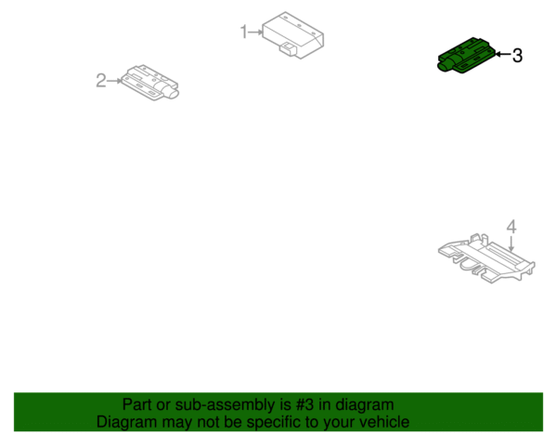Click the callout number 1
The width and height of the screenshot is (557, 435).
coord(243,32)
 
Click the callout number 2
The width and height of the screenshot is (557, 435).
coord(101,80)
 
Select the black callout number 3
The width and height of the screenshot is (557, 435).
coord(517,56)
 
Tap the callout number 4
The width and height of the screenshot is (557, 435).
coord(512,227)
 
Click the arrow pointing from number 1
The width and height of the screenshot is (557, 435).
coord(255,33)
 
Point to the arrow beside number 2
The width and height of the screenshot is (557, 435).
coord(114,81)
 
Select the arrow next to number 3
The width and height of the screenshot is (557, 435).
coord(502,54)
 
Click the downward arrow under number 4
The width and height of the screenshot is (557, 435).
coord(511,244)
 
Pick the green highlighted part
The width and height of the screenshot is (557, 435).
coord(466,55)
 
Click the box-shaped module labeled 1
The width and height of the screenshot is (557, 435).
coord(293,35)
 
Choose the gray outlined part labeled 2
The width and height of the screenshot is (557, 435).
coord(149,83)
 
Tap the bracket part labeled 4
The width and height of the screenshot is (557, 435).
coord(486,258)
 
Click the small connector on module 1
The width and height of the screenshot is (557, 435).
coord(288,48)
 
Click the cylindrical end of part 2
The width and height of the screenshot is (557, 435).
coord(170,92)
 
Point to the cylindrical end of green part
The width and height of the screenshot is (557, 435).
coord(447,64)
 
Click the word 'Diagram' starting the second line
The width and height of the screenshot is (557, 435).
coord(126,422)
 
